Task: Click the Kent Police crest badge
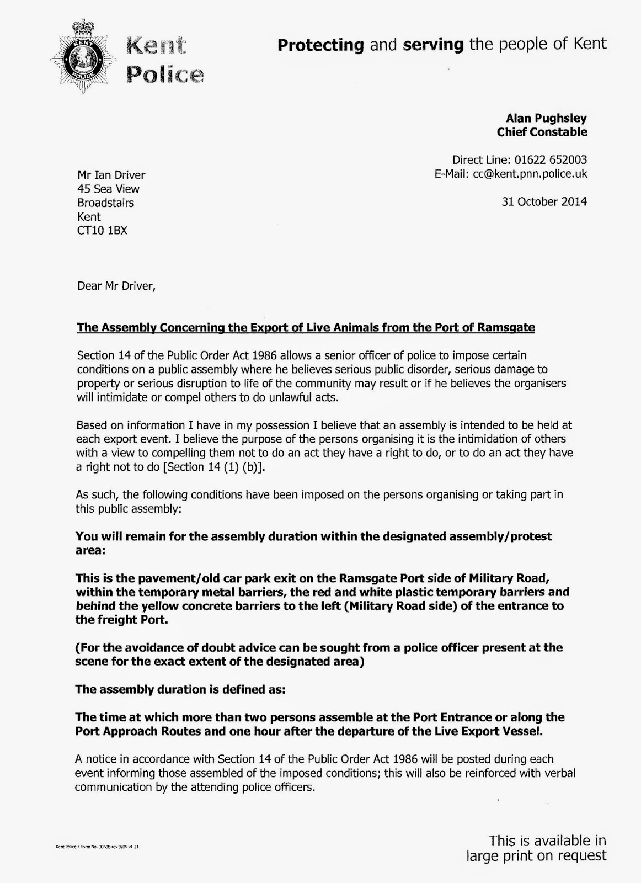(x=82, y=56)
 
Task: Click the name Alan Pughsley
(x=546, y=118)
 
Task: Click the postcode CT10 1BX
(x=102, y=231)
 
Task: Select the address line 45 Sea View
(x=108, y=189)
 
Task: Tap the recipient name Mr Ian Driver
(x=111, y=175)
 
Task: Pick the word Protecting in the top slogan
(x=320, y=45)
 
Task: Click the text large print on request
(x=536, y=856)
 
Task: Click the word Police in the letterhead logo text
(x=165, y=73)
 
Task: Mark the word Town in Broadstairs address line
(x=105, y=203)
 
